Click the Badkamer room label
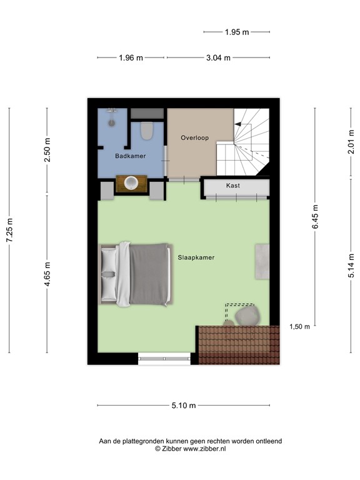click(x=131, y=156)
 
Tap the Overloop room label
click(x=194, y=137)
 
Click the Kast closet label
click(x=232, y=186)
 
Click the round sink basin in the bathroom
click(x=132, y=183)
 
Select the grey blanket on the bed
click(x=150, y=274)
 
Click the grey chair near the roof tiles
click(x=248, y=315)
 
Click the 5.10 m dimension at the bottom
click(x=184, y=406)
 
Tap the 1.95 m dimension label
click(x=237, y=31)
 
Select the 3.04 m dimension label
click(x=219, y=57)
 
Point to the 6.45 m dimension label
click(x=315, y=217)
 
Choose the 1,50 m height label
click(x=299, y=327)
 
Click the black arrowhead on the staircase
click(x=237, y=124)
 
